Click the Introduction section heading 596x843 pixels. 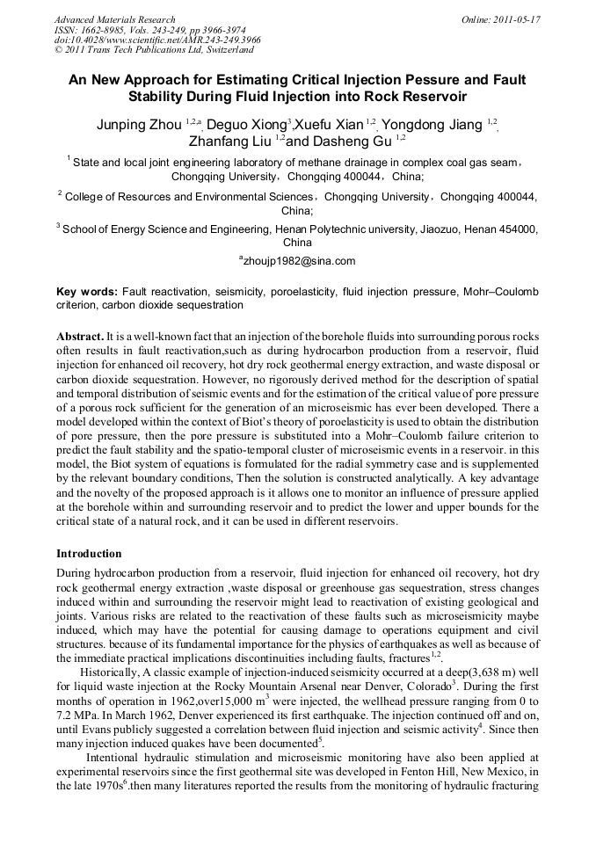[89, 554]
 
